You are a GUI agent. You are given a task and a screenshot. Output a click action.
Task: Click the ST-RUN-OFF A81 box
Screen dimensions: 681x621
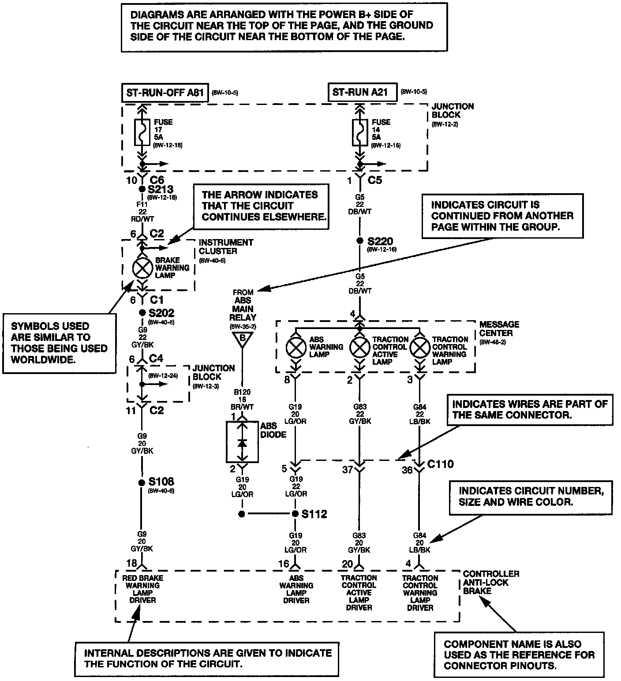[165, 93]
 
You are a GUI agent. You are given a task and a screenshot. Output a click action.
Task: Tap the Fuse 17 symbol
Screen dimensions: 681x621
[142, 132]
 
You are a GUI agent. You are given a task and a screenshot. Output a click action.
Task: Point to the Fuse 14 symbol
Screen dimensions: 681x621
[360, 132]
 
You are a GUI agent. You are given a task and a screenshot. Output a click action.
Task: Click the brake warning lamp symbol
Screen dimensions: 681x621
[142, 267]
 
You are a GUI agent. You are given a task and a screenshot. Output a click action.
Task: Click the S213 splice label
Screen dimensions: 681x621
[161, 189]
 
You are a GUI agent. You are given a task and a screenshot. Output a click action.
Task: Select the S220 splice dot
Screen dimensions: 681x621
[360, 241]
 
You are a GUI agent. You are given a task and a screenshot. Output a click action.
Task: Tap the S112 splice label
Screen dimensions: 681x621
[314, 514]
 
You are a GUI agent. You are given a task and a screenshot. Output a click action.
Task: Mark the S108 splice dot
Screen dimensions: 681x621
[142, 483]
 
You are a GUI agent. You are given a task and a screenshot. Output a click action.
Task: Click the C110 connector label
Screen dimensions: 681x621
[440, 464]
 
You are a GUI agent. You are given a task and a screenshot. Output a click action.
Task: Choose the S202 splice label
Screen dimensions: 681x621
[161, 313]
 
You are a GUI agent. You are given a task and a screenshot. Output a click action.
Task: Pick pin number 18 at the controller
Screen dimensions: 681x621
[131, 563]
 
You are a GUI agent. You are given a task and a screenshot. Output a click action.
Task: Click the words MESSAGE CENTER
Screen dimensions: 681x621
[499, 329]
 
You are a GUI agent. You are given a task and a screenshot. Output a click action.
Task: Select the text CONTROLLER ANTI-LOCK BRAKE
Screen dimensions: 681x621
[491, 582]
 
